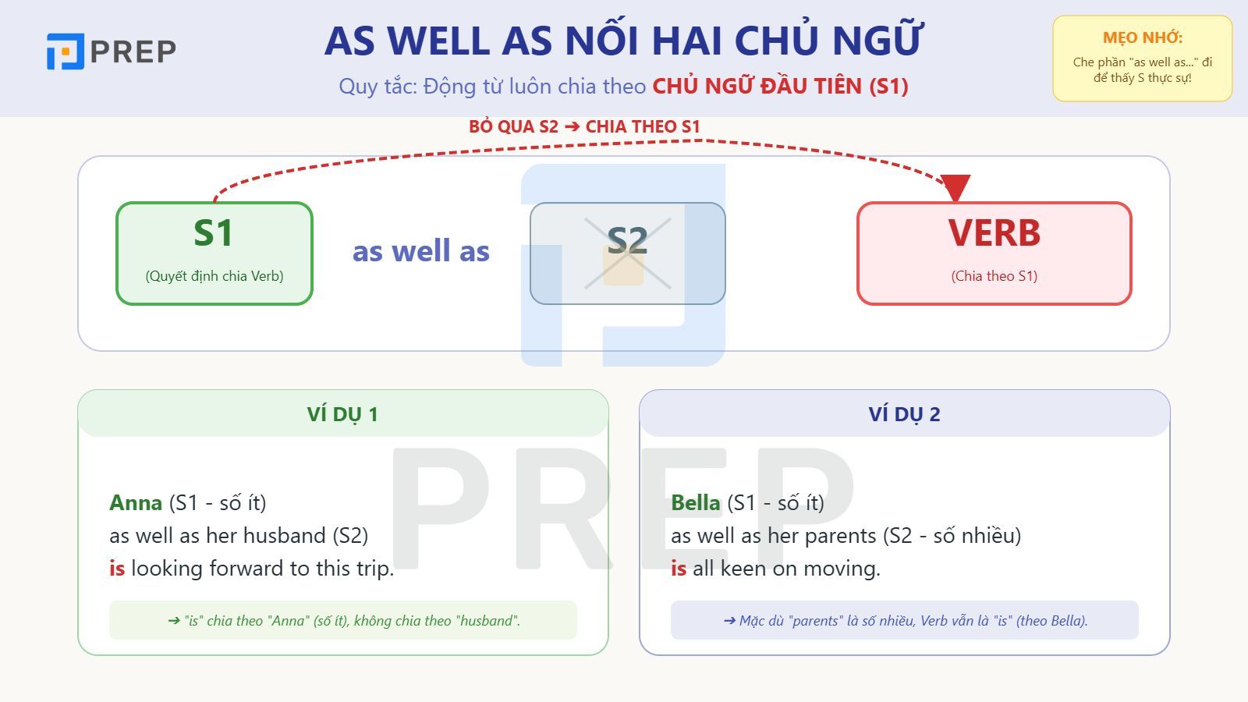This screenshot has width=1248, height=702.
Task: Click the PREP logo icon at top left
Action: tap(65, 51)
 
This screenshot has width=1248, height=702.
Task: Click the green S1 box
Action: tap(214, 253)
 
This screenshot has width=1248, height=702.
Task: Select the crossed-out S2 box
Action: tap(627, 253)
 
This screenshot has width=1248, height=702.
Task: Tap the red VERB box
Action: tap(994, 253)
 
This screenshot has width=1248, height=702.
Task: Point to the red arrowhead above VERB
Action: tap(955, 188)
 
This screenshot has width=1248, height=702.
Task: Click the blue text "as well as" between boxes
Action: tap(420, 251)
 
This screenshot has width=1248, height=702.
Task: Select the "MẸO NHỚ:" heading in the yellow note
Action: tap(1142, 37)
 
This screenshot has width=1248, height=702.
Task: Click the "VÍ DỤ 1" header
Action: tap(342, 414)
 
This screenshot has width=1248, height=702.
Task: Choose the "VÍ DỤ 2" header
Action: tap(904, 414)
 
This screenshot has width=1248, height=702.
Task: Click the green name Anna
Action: tap(136, 503)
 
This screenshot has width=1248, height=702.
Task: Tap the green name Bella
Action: tap(695, 503)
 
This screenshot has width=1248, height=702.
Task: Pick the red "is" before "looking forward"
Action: tap(117, 569)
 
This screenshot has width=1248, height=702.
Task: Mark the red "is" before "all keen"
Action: tap(679, 569)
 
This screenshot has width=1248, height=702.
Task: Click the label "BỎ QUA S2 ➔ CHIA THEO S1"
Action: tap(584, 126)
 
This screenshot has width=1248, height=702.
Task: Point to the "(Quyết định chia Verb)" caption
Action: tap(214, 276)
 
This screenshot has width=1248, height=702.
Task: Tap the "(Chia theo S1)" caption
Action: tap(994, 276)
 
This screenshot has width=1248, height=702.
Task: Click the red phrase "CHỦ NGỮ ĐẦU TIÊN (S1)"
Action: tap(780, 86)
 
